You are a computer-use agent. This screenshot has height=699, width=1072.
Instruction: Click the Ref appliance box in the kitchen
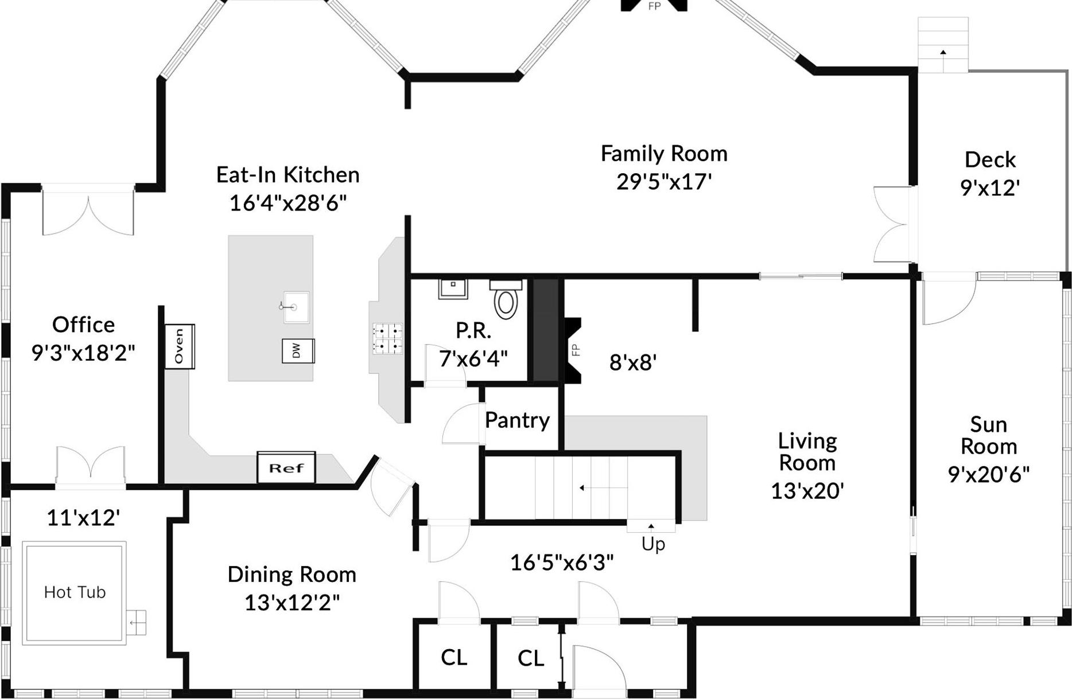coord(286,468)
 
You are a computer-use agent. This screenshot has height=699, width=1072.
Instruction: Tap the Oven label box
coord(179,346)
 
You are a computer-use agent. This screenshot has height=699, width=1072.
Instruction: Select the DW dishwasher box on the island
coord(298,350)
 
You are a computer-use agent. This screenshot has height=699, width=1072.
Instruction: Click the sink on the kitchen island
coord(295,307)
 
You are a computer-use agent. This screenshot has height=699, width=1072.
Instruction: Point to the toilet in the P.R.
coord(506,301)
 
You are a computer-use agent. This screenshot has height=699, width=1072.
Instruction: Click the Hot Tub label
coord(75,592)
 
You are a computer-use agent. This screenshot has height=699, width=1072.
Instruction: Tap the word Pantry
coord(517,420)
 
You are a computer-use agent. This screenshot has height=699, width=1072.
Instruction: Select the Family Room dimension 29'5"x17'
coord(664,182)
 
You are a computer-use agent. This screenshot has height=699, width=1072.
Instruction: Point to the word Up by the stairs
coord(653,544)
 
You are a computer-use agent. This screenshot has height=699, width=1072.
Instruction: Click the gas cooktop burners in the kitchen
coord(387,338)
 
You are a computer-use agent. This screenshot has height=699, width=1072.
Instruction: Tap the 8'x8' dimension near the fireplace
coord(632,362)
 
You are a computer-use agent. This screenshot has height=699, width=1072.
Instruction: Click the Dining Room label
coord(292,575)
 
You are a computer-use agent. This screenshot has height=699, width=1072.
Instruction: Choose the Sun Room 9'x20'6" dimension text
coord(988,475)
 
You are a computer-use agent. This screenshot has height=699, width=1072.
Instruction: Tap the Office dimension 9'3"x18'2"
coord(83,353)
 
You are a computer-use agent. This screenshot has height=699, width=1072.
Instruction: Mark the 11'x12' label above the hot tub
coord(83,518)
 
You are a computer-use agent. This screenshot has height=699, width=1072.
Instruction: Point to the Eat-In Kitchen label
coord(288,175)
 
